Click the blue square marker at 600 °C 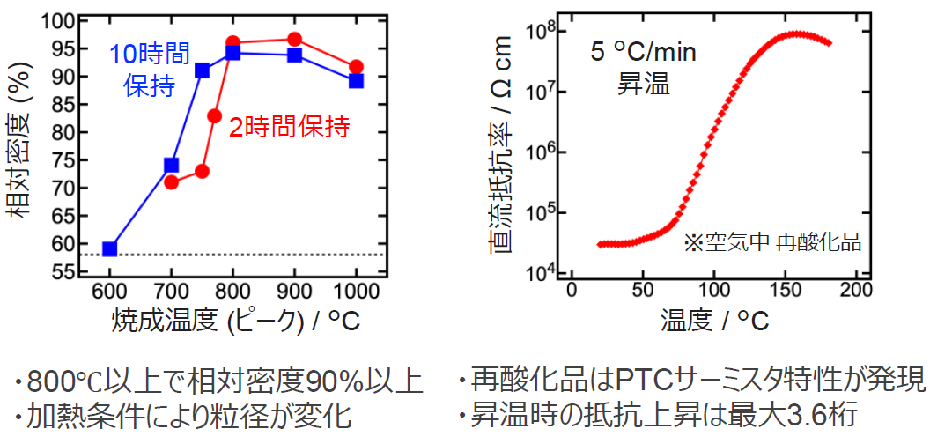coord(110,249)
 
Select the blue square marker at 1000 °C coord(356,80)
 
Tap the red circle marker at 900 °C coord(294,40)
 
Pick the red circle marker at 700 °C coord(172,182)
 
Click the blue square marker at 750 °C coord(203,70)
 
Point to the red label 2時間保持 coord(289,127)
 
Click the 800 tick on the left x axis coord(232,292)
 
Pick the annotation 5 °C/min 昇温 coord(643,68)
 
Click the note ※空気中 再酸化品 coord(771,242)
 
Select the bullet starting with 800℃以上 coord(218,382)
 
